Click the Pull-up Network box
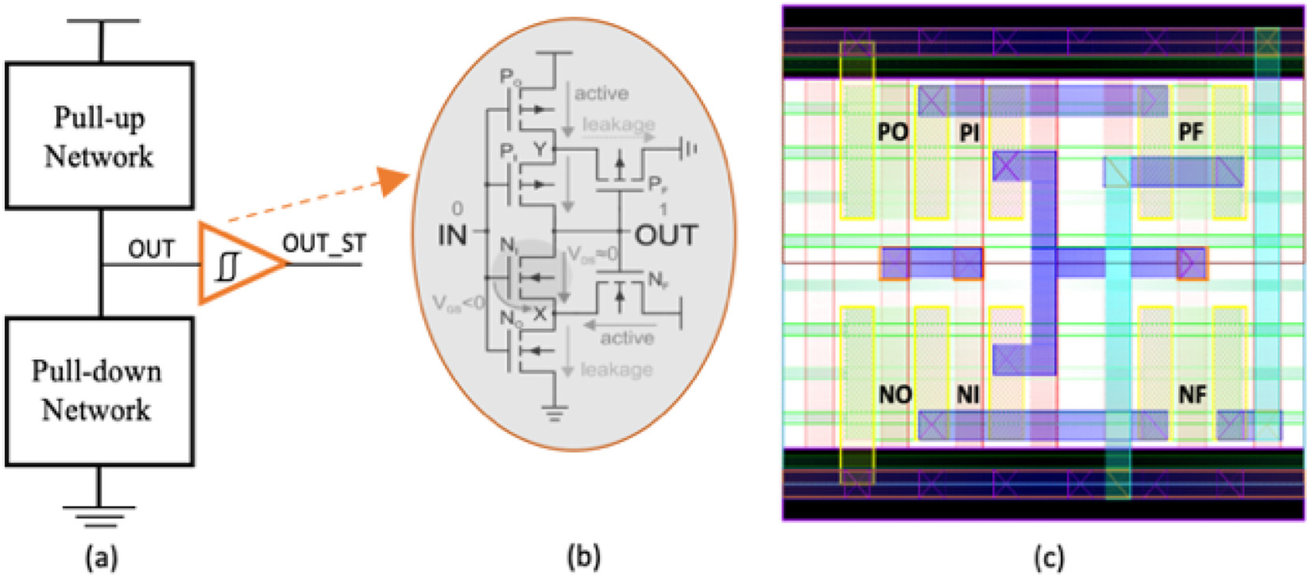point(100,136)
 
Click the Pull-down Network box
point(100,392)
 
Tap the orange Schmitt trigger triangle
point(236,264)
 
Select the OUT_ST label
point(324,244)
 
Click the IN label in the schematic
point(453,234)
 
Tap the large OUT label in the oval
point(666,234)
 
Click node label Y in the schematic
point(540,148)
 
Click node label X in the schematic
point(540,313)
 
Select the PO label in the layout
point(893,132)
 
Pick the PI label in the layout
point(969,133)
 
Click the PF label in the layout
point(1190,132)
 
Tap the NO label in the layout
point(895,394)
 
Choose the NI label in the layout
point(968,394)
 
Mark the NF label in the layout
point(1192,394)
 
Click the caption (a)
point(101,557)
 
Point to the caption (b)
point(584,556)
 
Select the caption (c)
point(1048,557)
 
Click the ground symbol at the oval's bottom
point(555,412)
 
